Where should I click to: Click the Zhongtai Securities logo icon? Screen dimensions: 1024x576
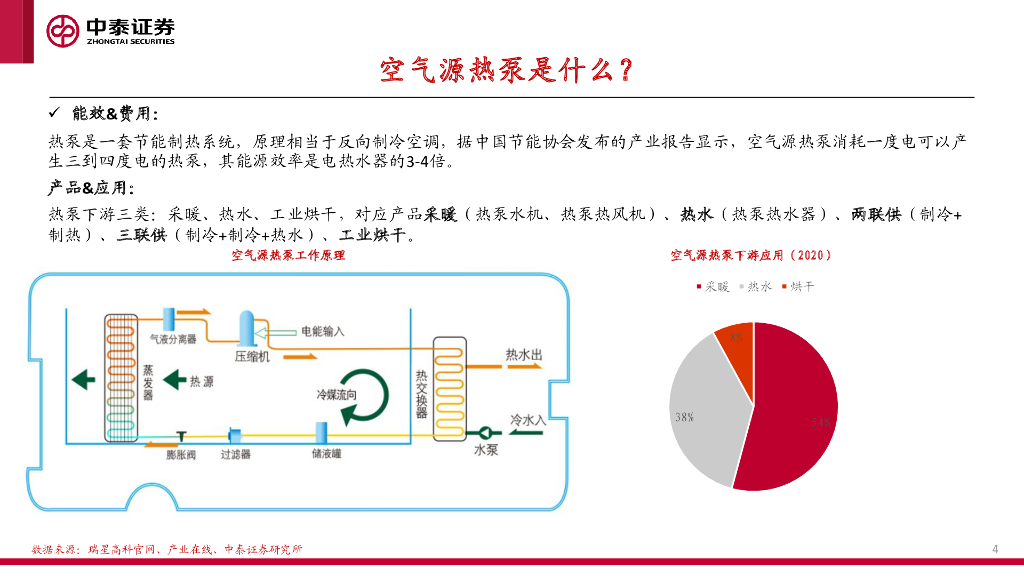[x=63, y=30]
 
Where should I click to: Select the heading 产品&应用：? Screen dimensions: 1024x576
[x=91, y=188]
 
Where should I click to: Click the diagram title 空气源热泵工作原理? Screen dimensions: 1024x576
[x=288, y=256]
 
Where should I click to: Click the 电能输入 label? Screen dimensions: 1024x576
[x=322, y=330]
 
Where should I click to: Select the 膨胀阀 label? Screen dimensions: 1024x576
[x=181, y=455]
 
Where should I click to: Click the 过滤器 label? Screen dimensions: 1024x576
[x=235, y=455]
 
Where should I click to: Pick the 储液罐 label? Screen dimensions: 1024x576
[x=325, y=455]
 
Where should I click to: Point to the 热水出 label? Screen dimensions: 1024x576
[x=523, y=355]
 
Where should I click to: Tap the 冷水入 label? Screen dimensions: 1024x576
[x=528, y=421]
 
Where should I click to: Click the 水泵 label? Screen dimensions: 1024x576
[x=485, y=451]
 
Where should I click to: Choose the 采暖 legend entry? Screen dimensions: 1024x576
[x=712, y=287]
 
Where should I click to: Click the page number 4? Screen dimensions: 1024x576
[x=995, y=549]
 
